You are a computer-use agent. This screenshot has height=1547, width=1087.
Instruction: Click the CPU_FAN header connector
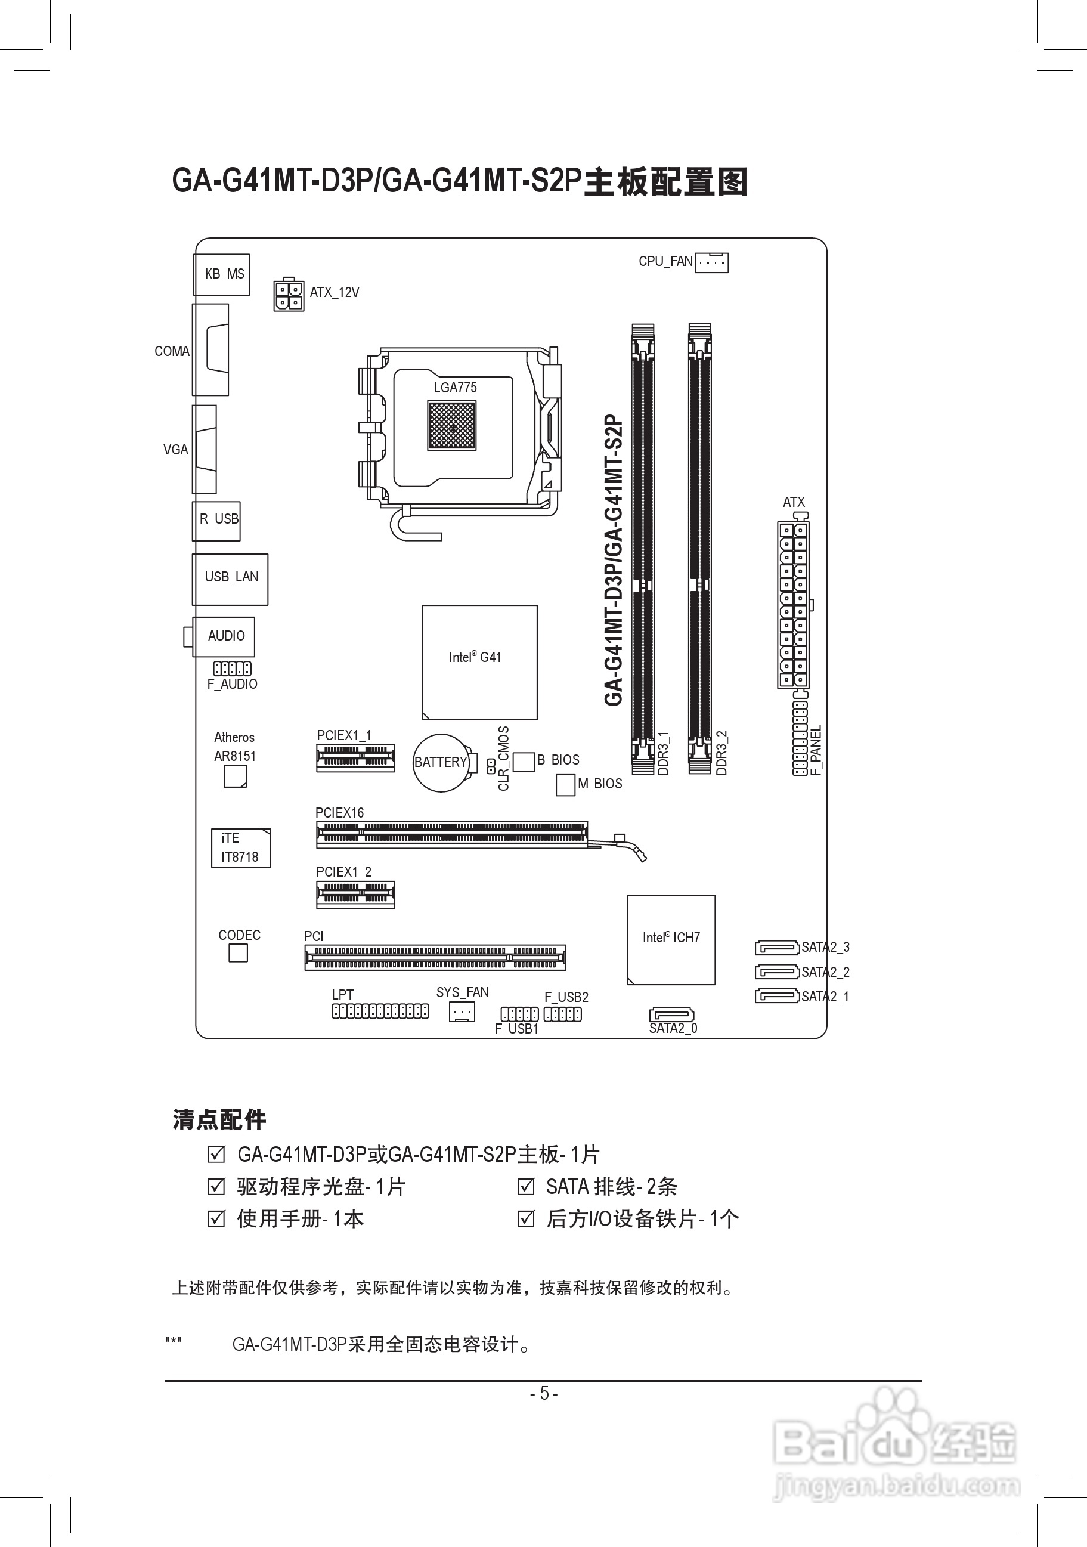pos(711,262)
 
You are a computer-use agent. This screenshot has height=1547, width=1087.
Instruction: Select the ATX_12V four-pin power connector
pos(288,295)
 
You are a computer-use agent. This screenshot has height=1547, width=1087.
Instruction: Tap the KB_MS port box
pos(222,274)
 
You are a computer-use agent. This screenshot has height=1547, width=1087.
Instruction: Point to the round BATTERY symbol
pos(441,762)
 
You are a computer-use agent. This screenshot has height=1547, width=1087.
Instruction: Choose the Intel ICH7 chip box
pos(671,939)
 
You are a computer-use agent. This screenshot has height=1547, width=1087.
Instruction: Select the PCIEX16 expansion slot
pos(452,835)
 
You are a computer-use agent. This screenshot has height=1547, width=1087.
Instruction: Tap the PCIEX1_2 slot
pos(355,895)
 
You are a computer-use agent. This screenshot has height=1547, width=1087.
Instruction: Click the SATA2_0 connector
pos(671,1014)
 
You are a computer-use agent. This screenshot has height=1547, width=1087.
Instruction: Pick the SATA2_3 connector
pos(777,947)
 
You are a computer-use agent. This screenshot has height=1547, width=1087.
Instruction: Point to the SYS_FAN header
pos(462,1011)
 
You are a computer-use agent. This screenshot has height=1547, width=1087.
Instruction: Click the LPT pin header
pos(380,1011)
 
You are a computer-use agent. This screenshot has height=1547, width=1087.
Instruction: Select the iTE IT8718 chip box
pos(240,847)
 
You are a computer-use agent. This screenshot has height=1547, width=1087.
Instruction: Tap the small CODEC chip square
pos(238,953)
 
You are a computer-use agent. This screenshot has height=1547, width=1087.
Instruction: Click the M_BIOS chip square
pos(565,784)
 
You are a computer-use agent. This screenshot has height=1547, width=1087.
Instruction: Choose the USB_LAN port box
pos(230,578)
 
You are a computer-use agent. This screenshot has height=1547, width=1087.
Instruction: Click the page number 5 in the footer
pos(544,1393)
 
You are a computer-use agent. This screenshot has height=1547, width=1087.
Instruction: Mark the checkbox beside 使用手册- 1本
pos(216,1218)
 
